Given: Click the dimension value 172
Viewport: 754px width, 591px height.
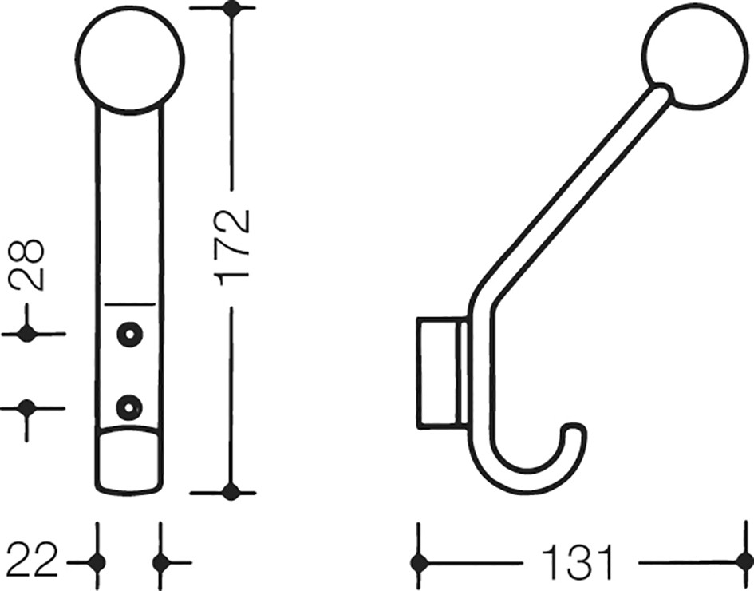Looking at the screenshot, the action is click(x=234, y=248).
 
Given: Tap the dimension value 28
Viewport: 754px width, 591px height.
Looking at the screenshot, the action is click(x=27, y=264).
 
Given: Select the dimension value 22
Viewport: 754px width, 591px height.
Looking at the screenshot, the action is click(x=32, y=561).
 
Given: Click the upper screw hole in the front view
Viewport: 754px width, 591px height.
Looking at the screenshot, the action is click(x=128, y=333).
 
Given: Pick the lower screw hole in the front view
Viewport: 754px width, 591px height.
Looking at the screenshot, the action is click(x=128, y=407).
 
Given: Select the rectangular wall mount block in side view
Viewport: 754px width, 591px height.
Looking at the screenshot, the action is click(x=442, y=372).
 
